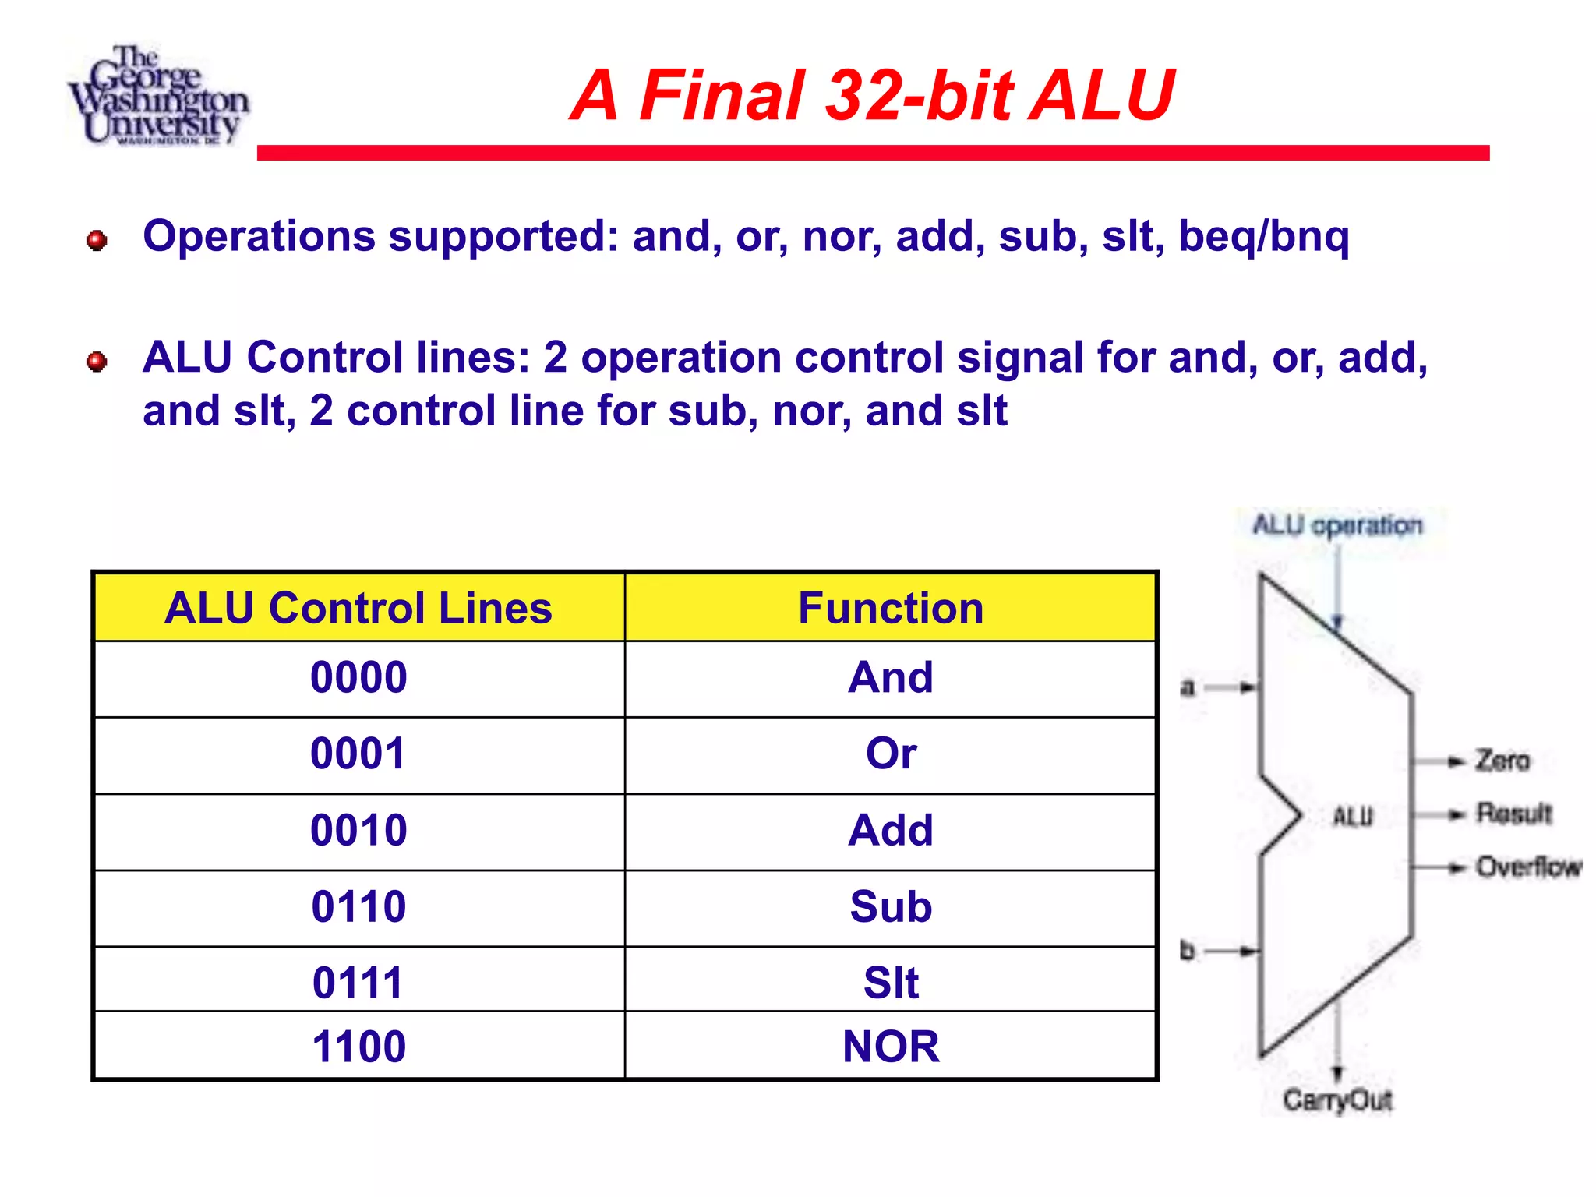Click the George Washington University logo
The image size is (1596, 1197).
click(x=158, y=96)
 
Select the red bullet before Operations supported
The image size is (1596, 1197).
click(x=97, y=240)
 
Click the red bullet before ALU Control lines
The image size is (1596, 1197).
click(x=97, y=362)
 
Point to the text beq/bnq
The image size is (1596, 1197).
click(x=1263, y=236)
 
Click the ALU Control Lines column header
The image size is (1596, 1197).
click(x=358, y=608)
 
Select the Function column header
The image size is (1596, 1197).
click(x=891, y=608)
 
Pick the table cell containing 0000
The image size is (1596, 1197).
click(x=358, y=677)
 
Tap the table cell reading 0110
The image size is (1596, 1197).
click(x=358, y=907)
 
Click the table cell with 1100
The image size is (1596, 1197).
click(x=358, y=1046)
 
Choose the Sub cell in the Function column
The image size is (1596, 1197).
click(x=891, y=907)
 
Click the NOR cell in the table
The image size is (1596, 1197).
click(x=891, y=1046)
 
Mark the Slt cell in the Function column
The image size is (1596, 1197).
click(x=891, y=982)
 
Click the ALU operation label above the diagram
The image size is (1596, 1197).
click(x=1337, y=525)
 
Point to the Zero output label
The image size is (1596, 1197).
click(x=1502, y=761)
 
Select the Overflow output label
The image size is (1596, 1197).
click(x=1527, y=867)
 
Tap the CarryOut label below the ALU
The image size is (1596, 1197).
click(x=1337, y=1100)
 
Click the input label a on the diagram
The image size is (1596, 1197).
click(x=1187, y=687)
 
